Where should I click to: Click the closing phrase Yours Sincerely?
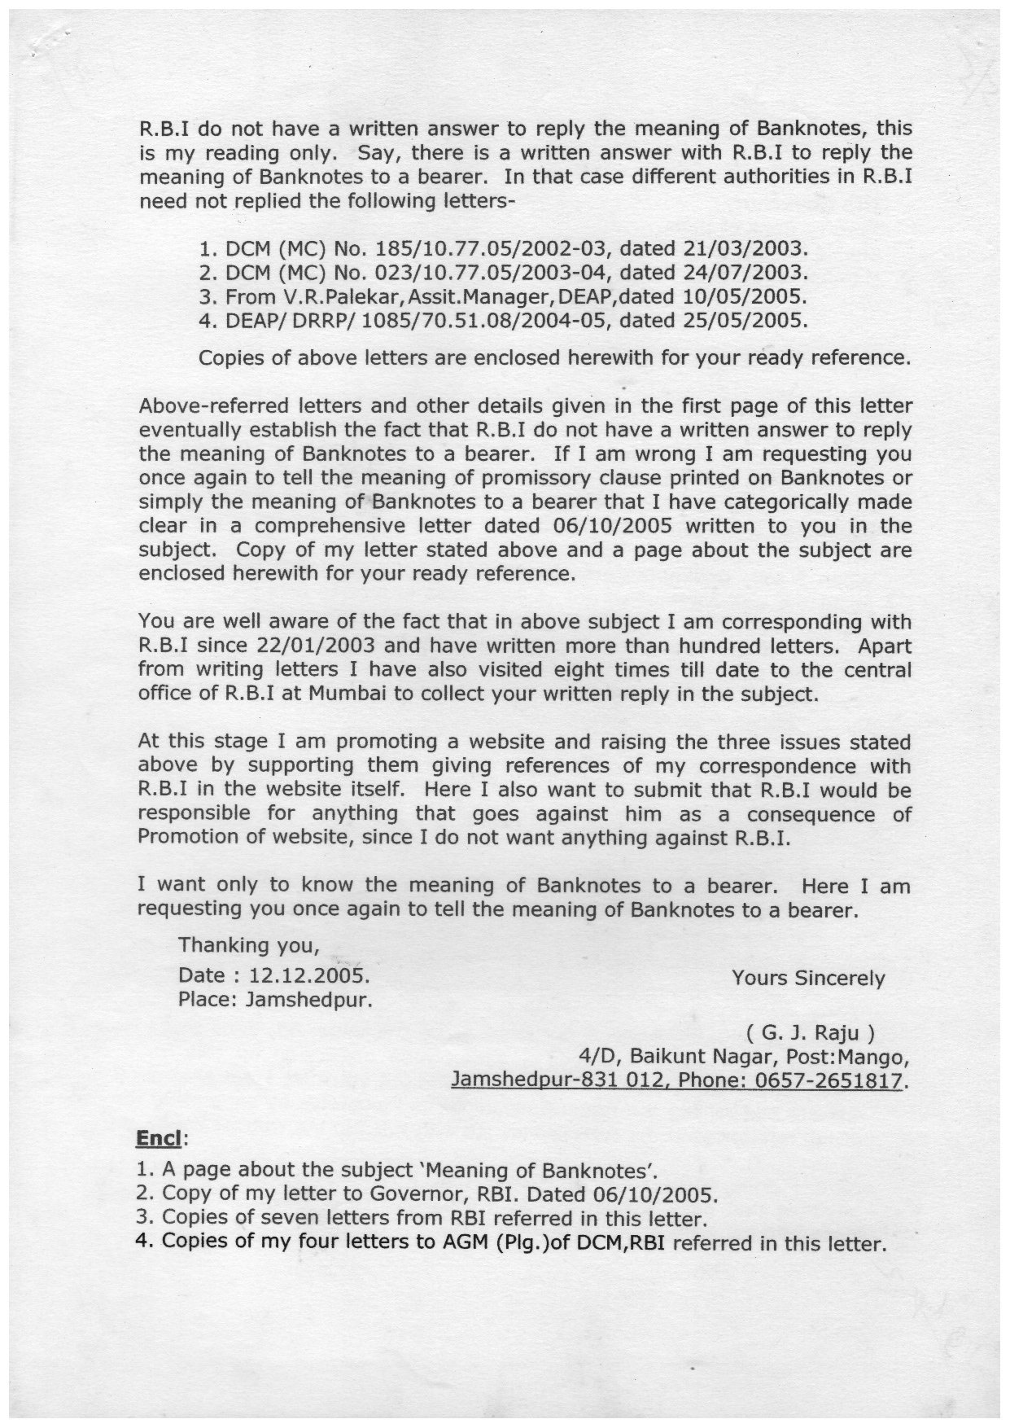807,978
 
